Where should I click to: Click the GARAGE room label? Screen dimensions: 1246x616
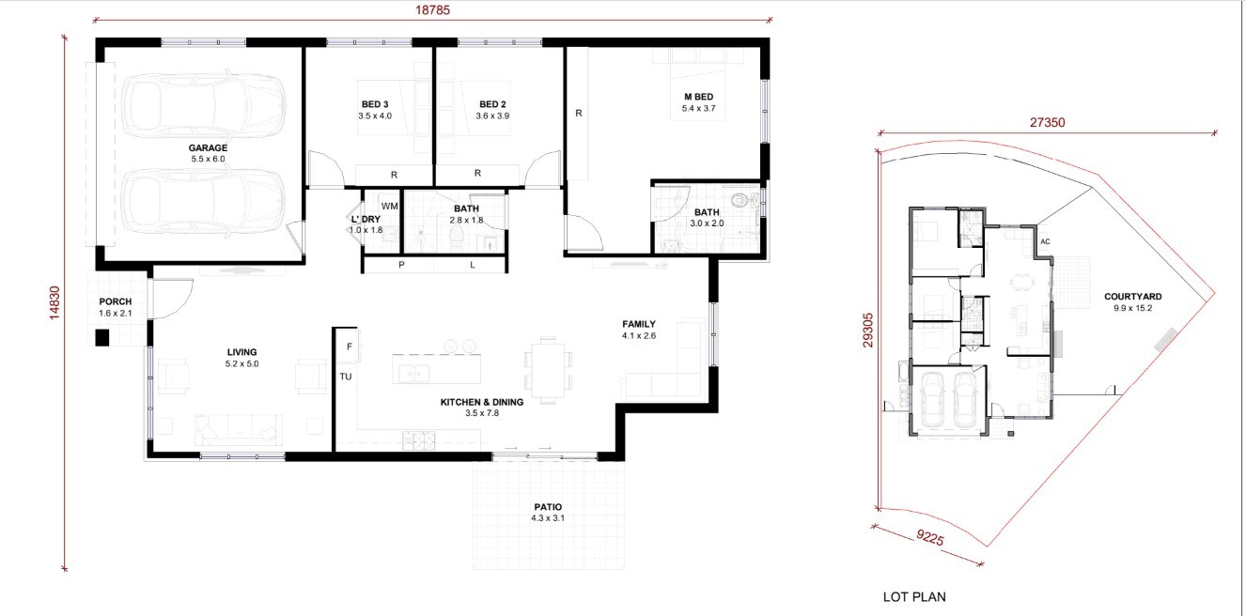[x=208, y=147]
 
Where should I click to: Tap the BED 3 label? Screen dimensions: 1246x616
[x=375, y=104]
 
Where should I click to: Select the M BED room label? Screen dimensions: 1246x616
[x=699, y=97]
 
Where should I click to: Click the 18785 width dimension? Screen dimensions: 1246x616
[x=432, y=10]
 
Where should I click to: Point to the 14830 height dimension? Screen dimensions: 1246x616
[x=55, y=302]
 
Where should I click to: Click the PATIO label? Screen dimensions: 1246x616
[x=548, y=507]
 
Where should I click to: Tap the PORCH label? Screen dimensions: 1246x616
[x=116, y=301]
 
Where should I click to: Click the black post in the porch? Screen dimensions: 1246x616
[x=101, y=337]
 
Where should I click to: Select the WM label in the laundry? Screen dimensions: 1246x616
[x=389, y=207]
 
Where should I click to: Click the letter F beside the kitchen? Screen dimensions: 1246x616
[x=350, y=346]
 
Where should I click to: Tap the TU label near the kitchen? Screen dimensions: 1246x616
[x=346, y=377]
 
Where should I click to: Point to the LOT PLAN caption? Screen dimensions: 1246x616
[x=914, y=597]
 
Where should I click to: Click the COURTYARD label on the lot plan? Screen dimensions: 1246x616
[x=1132, y=297]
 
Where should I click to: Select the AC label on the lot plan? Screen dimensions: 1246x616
[x=1045, y=241]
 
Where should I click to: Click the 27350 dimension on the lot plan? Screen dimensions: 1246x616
[x=1047, y=122]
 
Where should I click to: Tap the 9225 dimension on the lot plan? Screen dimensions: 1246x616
[x=930, y=538]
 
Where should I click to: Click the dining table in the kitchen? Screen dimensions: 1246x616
[x=548, y=370]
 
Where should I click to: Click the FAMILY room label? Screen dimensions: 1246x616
[x=639, y=324]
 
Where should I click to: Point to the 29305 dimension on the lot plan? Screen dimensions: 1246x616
[x=867, y=331]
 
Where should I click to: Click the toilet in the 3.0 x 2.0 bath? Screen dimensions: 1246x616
[x=740, y=200]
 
